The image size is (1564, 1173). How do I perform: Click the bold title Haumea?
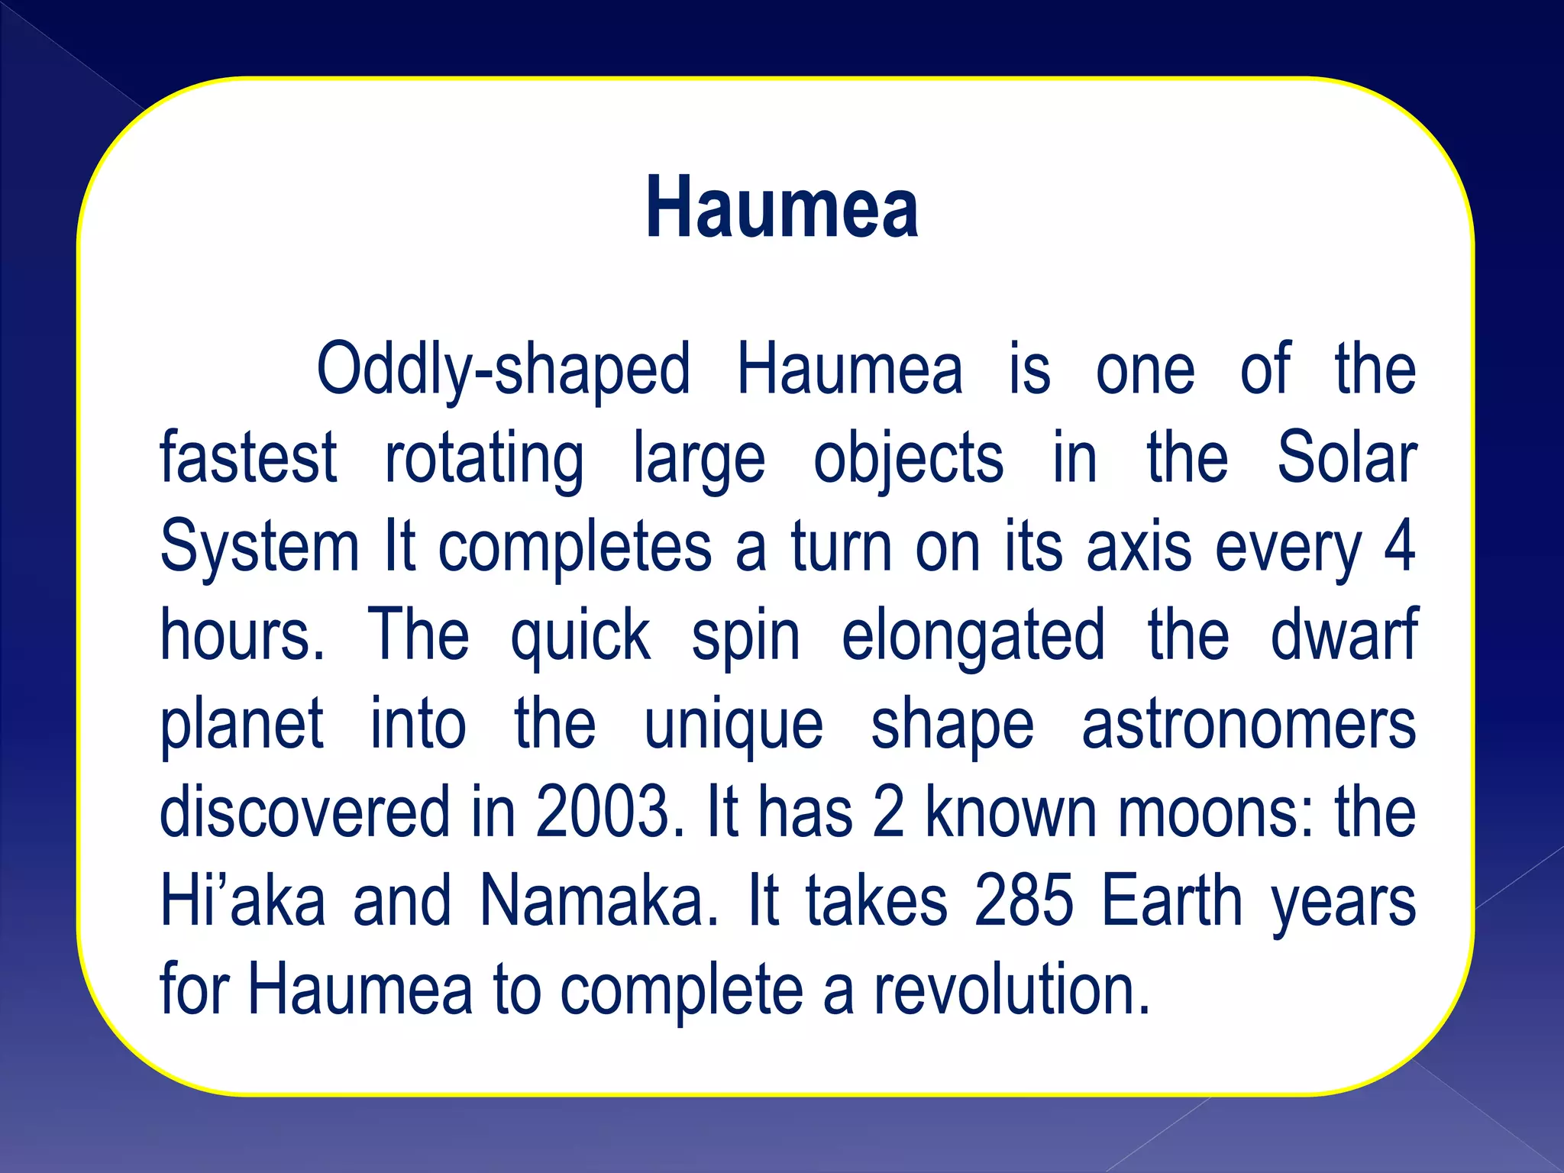(x=781, y=208)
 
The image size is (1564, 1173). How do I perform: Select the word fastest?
(x=248, y=458)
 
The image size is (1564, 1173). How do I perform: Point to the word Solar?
(x=1346, y=458)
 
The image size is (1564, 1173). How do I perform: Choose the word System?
(x=259, y=548)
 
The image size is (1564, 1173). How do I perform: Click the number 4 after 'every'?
(x=1399, y=547)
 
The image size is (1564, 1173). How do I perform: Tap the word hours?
(x=241, y=635)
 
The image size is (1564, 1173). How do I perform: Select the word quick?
(x=580, y=637)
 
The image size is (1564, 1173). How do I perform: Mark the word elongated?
(x=973, y=637)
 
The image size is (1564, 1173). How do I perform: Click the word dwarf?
(x=1343, y=635)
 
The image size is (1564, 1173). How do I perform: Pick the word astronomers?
(x=1249, y=725)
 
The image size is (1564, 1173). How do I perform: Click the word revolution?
(x=1012, y=990)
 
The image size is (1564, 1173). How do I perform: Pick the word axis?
(x=1138, y=548)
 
